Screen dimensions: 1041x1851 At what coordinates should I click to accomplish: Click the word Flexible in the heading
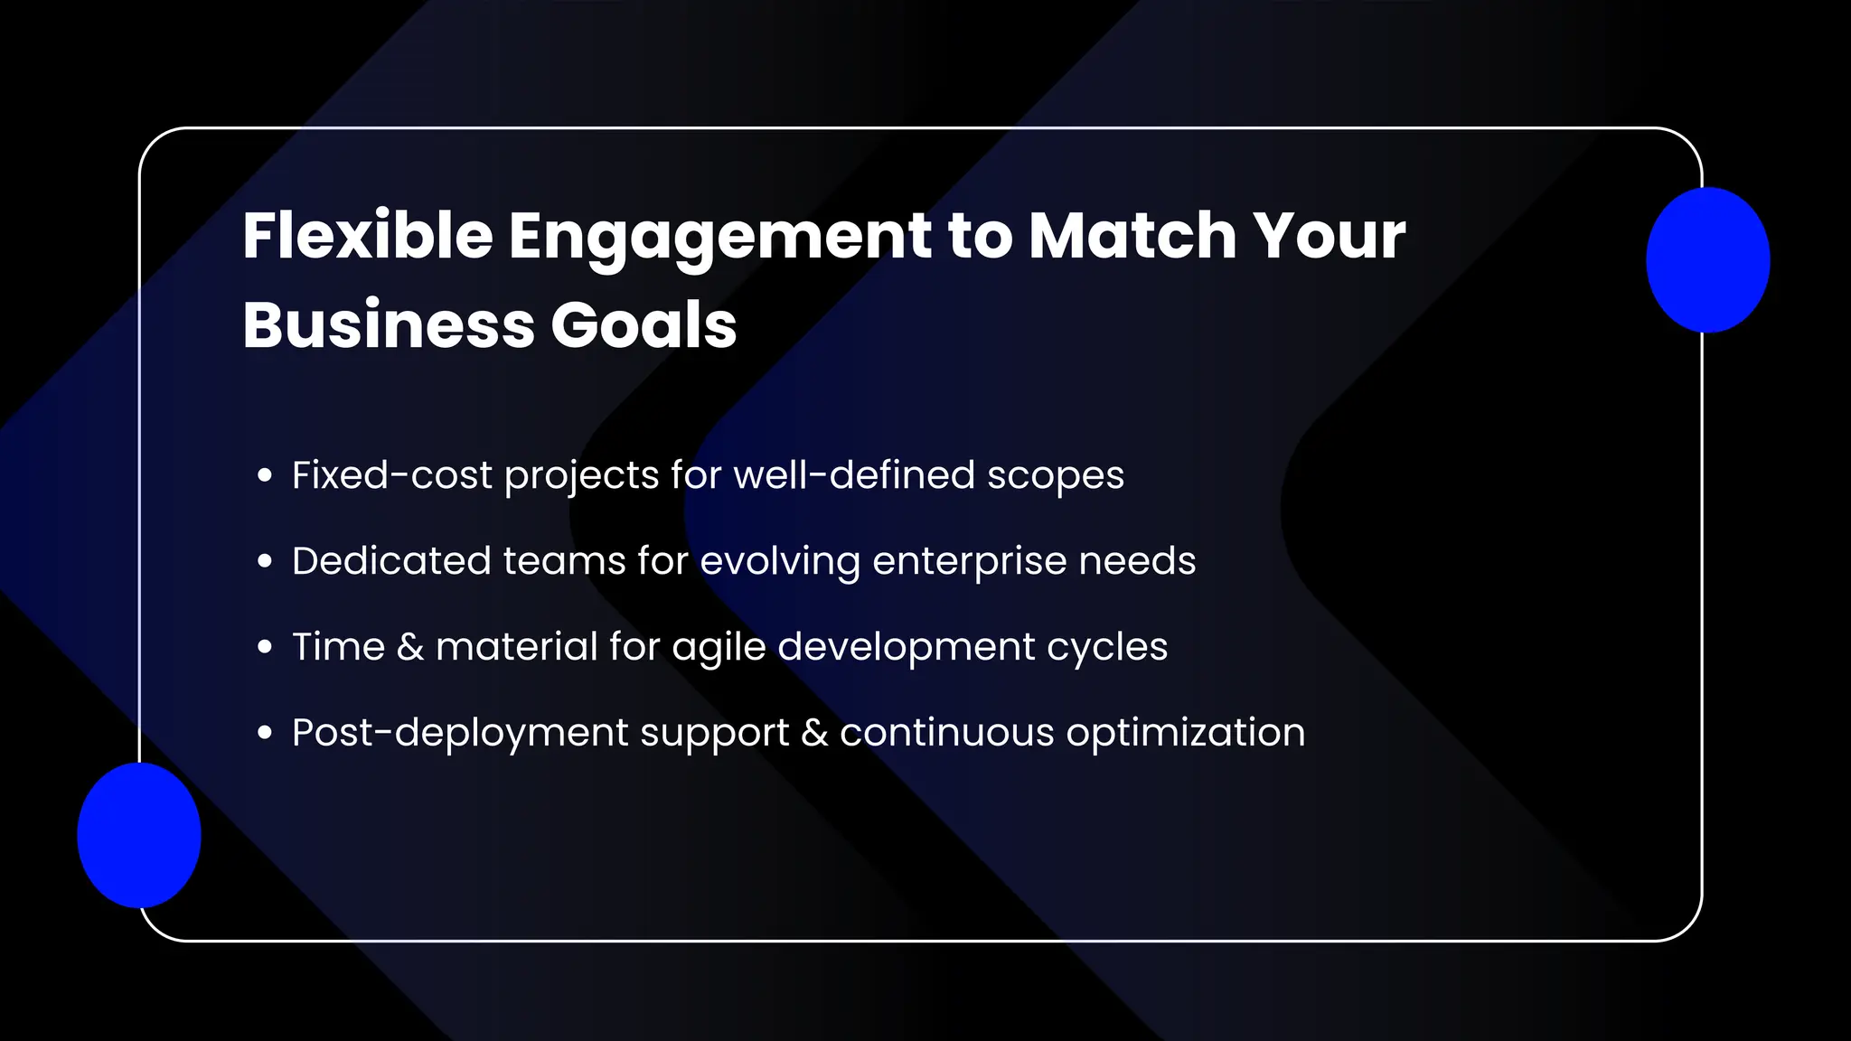click(x=367, y=236)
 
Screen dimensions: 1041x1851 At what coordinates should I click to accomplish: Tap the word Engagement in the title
click(x=719, y=238)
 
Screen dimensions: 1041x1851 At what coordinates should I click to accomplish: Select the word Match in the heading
click(x=1132, y=236)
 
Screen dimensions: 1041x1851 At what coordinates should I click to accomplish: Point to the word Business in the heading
click(x=389, y=324)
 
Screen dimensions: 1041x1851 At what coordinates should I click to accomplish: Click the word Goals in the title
click(x=644, y=324)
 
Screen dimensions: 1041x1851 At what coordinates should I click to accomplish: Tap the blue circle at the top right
click(x=1707, y=260)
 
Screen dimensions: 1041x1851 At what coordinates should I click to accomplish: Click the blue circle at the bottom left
click(x=139, y=835)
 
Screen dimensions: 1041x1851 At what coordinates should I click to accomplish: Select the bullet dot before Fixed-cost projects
click(x=265, y=475)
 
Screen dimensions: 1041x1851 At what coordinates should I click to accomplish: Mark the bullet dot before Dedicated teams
click(x=265, y=561)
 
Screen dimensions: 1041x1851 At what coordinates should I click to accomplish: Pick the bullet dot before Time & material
click(x=265, y=647)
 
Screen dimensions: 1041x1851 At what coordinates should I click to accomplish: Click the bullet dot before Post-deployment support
click(x=265, y=733)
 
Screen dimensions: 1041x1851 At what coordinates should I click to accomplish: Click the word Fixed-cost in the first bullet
click(x=391, y=475)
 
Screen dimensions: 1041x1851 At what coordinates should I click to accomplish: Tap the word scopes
click(x=1055, y=475)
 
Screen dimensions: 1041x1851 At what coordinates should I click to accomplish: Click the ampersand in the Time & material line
click(x=410, y=647)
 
